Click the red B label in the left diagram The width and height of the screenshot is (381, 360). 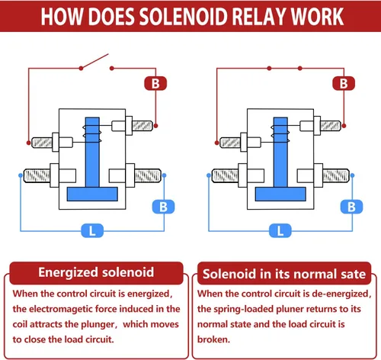[155, 83]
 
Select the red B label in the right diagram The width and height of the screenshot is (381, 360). [344, 83]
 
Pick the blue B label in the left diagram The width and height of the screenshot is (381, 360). [163, 207]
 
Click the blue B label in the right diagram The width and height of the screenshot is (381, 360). [351, 207]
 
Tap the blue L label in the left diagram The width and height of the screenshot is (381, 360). [92, 231]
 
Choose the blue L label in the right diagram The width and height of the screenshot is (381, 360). [280, 231]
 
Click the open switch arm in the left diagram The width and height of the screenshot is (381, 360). [94, 61]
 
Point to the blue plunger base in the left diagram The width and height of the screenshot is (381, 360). [92, 194]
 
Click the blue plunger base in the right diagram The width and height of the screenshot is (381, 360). [280, 194]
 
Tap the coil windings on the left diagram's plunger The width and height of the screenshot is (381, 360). [92, 133]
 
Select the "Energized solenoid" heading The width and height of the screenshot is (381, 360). [96, 272]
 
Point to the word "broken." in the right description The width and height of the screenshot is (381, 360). [213, 339]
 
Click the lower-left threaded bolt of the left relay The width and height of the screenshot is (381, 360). [37, 175]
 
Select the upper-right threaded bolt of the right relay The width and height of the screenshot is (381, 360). [331, 126]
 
